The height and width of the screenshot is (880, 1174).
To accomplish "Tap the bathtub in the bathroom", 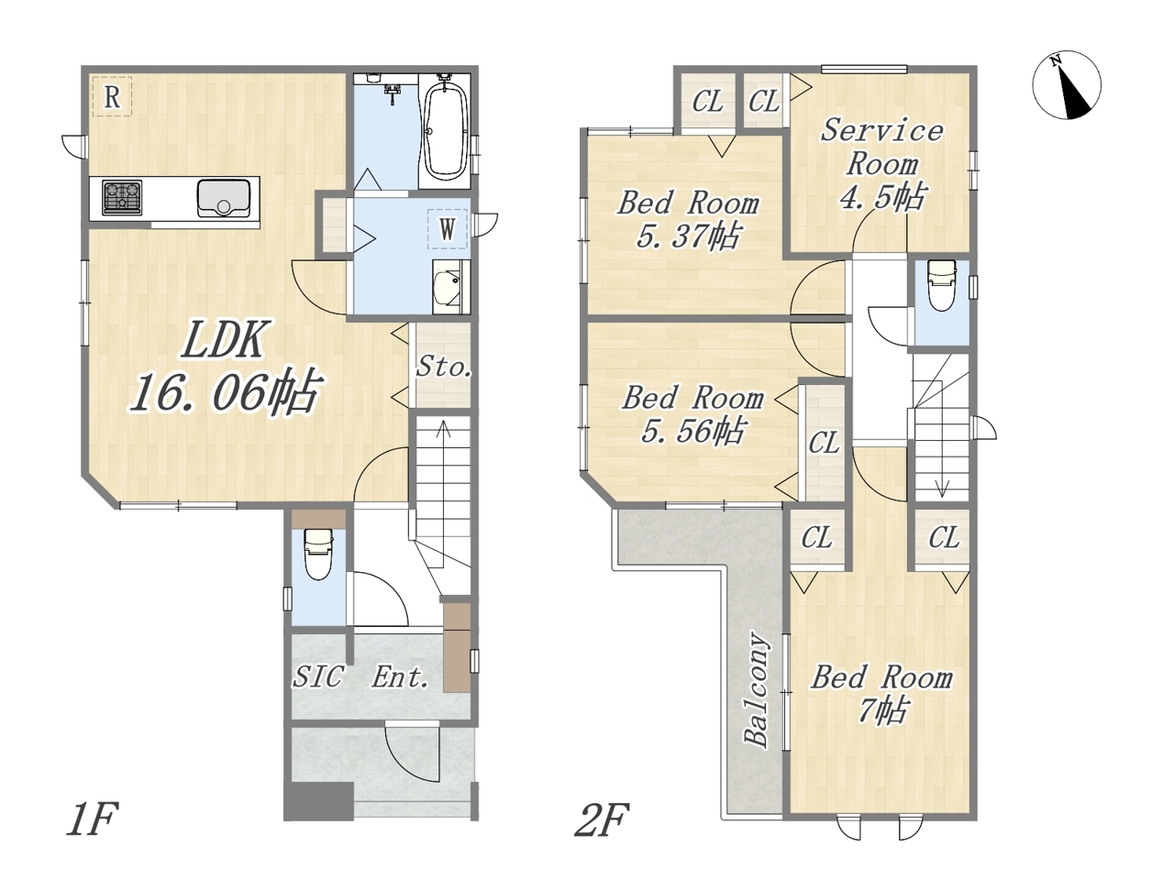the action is (x=445, y=131).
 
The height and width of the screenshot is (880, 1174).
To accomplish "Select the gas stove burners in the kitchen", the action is (x=123, y=197).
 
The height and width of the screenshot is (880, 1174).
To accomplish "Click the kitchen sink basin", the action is (x=224, y=198).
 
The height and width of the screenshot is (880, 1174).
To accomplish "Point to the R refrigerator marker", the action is (x=112, y=97).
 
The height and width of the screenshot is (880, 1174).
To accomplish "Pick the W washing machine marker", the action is (x=448, y=229).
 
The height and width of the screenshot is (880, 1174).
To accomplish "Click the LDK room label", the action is (x=223, y=339).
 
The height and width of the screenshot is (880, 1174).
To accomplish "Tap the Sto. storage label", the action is (x=444, y=367).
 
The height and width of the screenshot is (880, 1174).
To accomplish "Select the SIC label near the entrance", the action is (x=317, y=676).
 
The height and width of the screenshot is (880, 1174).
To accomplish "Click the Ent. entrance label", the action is (x=400, y=677).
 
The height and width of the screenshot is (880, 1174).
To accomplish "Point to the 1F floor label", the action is (x=92, y=819).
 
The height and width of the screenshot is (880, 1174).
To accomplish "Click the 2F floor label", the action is (x=601, y=819).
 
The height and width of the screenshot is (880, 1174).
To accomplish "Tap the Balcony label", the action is (x=757, y=688).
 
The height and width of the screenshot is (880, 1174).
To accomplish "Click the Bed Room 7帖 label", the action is (x=881, y=694).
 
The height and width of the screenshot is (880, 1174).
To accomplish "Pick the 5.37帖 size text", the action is (x=689, y=236).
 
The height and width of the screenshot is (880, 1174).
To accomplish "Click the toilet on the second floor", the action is (x=942, y=285).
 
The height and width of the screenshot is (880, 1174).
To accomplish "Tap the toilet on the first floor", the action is (x=318, y=554).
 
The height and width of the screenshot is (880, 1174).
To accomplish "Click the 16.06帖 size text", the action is (x=226, y=391).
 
